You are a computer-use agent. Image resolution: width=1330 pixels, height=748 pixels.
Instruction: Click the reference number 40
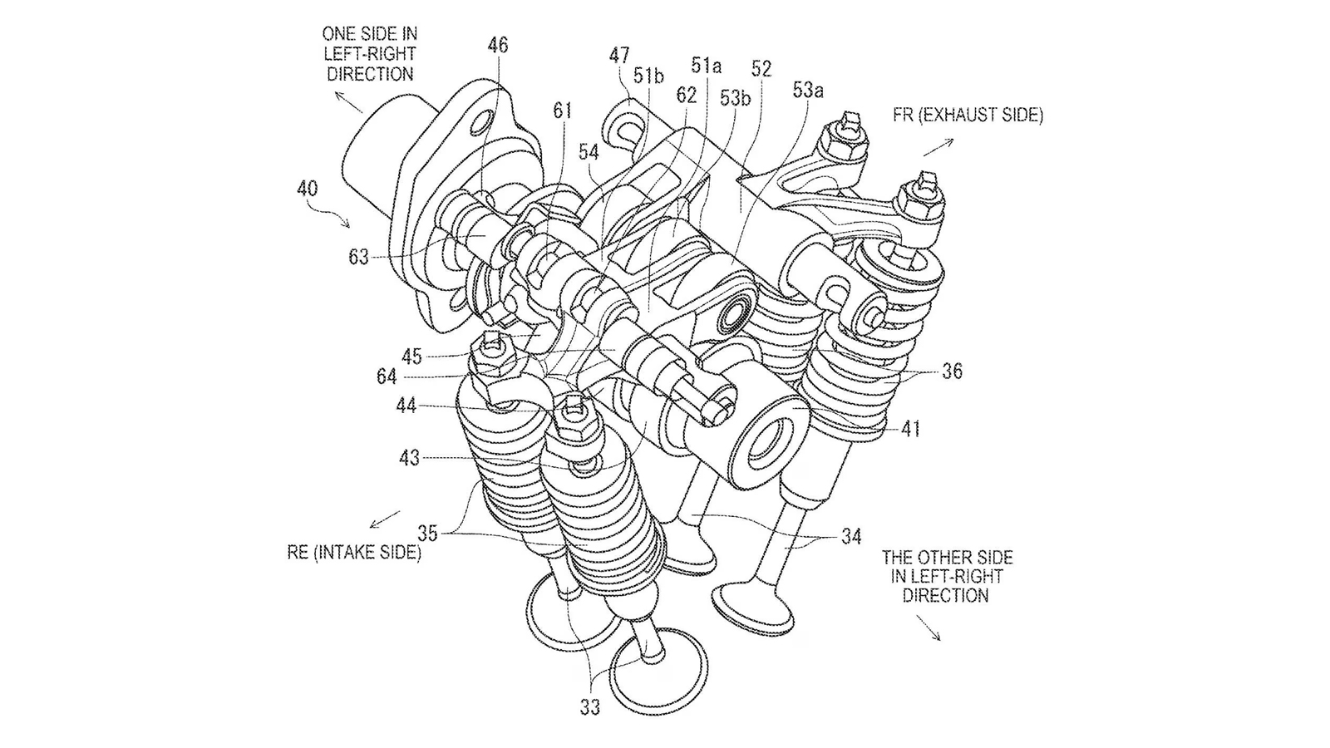[308, 189]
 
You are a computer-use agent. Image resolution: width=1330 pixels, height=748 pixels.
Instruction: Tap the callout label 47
[619, 56]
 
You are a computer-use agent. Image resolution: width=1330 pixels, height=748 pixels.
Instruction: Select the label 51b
[648, 76]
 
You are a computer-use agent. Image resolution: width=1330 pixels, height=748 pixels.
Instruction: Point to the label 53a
[808, 91]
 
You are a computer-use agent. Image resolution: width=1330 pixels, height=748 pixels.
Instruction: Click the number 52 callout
[761, 69]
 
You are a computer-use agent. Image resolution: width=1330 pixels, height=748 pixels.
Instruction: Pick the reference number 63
[358, 258]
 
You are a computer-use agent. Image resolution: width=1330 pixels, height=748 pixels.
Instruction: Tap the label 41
[910, 429]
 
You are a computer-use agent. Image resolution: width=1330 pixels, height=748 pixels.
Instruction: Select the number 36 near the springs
[953, 372]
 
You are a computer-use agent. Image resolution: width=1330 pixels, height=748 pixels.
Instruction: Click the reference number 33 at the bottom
[589, 707]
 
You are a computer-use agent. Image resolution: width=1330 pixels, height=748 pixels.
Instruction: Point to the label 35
[427, 534]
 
